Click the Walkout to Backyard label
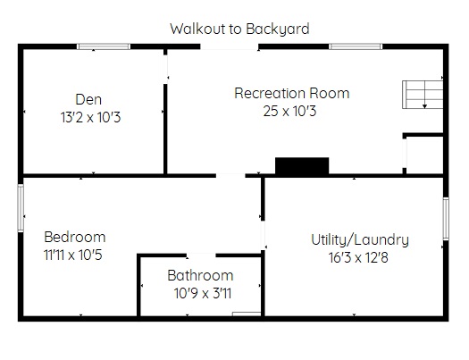coord(239,29)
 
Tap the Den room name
coord(88,99)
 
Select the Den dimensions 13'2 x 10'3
coord(90,117)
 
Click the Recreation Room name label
coord(292,93)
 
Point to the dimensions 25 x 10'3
coord(289,111)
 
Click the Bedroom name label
coord(75,237)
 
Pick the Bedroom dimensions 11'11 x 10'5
coord(73,255)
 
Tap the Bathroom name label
coord(200,275)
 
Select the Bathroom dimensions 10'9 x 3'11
coord(203,293)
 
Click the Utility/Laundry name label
coord(360,239)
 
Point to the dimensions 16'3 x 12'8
coord(358,257)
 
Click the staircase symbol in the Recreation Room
coord(423,95)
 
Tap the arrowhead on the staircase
coord(424,106)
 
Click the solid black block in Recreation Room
coord(302,165)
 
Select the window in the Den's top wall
coord(104,46)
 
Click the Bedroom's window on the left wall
coord(21,208)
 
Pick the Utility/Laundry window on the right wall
coord(446,219)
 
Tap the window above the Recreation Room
coord(356,46)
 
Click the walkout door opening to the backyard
coord(230,46)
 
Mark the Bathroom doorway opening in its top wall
coord(201,255)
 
